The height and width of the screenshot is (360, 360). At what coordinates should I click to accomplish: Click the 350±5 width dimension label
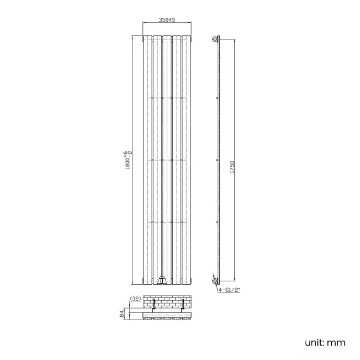[x=167, y=20]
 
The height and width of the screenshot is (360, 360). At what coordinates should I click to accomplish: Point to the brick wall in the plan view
[x=167, y=302]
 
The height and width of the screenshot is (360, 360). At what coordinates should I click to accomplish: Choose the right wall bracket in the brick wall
[x=183, y=305]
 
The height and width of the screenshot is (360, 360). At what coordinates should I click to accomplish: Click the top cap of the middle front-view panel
[x=167, y=38]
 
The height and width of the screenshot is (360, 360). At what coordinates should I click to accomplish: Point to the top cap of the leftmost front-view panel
[x=147, y=38]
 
